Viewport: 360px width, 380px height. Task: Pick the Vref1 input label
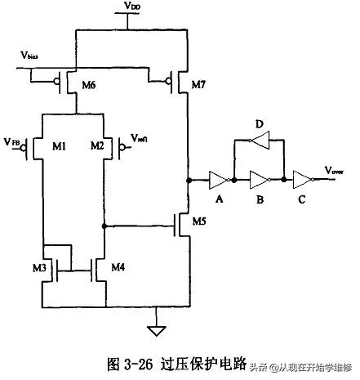[x=140, y=145]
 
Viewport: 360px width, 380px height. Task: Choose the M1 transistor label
[x=59, y=146]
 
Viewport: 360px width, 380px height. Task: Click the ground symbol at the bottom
[x=151, y=330]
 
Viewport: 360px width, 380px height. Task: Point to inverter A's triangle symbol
[x=218, y=178]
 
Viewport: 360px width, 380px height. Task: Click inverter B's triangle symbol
[x=260, y=178]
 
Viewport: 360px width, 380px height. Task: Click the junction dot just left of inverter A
[x=189, y=178]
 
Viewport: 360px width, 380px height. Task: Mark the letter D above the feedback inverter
[x=259, y=125]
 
